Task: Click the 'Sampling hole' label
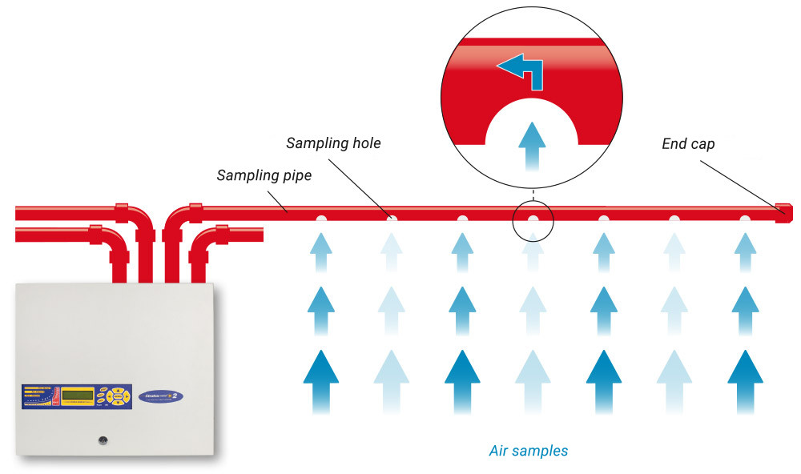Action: [333, 144]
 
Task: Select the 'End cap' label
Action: [687, 144]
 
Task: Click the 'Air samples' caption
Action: [528, 451]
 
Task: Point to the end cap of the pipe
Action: [784, 211]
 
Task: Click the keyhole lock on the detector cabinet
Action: [103, 440]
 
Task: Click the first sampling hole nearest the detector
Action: [320, 218]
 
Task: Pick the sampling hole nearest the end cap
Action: [745, 218]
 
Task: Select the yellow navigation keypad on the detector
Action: [118, 395]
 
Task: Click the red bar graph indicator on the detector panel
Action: [54, 396]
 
